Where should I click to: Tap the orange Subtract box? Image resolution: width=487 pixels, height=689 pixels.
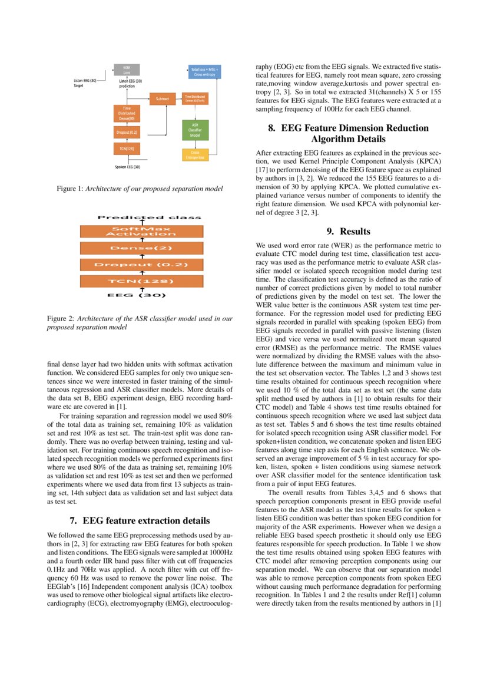click(x=163, y=99)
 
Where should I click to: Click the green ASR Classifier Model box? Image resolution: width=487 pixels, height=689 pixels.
click(x=194, y=130)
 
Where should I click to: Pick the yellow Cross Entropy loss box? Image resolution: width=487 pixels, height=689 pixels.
click(x=194, y=154)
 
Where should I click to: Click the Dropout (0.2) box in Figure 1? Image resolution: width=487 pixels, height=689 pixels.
click(x=127, y=133)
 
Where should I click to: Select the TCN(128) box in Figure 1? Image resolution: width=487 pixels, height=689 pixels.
click(x=127, y=150)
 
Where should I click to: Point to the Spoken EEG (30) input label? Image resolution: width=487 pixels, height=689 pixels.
click(x=127, y=167)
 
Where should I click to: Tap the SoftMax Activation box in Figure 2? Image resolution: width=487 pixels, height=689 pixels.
click(x=141, y=231)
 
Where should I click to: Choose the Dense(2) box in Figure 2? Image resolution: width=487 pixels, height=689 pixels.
click(x=141, y=248)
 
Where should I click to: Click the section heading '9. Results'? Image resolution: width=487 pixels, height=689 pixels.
click(x=346, y=232)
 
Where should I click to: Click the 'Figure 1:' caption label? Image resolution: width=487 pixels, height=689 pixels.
click(x=70, y=189)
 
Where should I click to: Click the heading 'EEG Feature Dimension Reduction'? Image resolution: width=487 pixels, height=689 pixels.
click(x=346, y=128)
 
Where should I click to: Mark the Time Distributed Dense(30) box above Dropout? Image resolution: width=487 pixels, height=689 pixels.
click(x=127, y=114)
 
